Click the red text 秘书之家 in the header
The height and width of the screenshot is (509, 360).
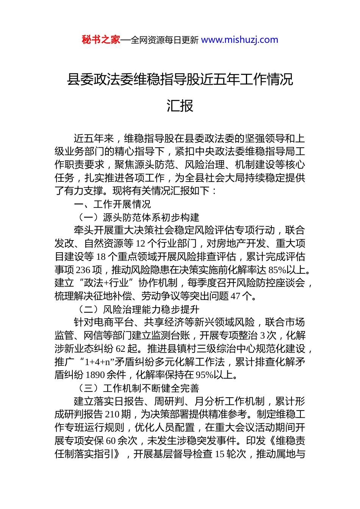(x=101, y=40)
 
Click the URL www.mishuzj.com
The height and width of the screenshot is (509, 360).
(x=239, y=40)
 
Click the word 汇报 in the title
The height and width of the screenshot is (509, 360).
(x=180, y=106)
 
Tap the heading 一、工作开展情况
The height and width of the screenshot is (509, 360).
(x=113, y=204)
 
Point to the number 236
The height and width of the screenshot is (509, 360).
(x=83, y=270)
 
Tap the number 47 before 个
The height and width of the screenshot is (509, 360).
(x=235, y=296)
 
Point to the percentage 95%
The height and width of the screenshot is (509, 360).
(x=204, y=375)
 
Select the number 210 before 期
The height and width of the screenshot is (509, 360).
(x=113, y=414)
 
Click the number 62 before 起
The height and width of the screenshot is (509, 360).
(x=121, y=349)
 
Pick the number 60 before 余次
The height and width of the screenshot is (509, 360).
(x=111, y=441)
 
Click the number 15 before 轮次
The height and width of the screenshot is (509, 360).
(x=221, y=454)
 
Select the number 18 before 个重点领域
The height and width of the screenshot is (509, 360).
(x=101, y=257)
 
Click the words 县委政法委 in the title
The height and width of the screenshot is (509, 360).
(x=100, y=80)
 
